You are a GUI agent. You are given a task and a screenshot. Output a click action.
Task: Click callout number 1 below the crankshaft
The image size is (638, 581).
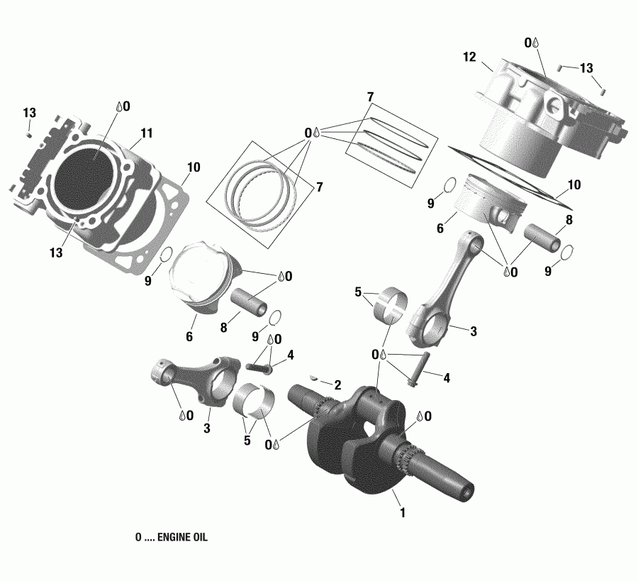(403, 512)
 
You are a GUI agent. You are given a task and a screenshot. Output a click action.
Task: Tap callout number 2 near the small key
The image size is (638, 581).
(337, 384)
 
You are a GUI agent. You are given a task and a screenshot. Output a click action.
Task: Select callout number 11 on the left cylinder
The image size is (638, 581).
(147, 133)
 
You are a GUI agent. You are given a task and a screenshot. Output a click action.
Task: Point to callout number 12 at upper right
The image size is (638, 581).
(469, 56)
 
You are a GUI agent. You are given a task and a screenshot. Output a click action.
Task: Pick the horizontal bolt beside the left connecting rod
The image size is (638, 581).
(261, 369)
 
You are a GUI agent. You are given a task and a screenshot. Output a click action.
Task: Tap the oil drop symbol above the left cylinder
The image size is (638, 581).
(118, 107)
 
